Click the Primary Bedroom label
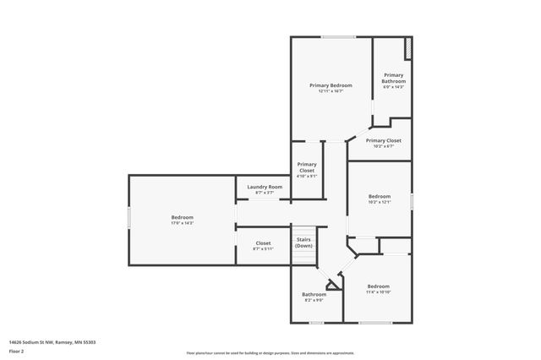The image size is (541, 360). tap(331, 85)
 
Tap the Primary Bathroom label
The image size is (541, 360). tap(394, 78)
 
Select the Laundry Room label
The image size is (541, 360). tap(265, 187)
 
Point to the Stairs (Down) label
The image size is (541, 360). tap(303, 243)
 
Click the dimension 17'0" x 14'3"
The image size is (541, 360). tap(183, 223)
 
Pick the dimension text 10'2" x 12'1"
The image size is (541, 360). tap(379, 202)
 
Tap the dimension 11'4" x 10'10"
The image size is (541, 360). tap(378, 292)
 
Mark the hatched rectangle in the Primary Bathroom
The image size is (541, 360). tap(407, 49)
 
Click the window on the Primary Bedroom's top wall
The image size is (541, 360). tap(337, 36)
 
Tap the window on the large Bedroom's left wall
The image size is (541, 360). tap(128, 218)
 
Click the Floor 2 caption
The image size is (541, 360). tap(16, 351)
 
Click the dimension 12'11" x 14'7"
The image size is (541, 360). tap(331, 91)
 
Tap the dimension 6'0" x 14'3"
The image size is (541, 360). tap(394, 87)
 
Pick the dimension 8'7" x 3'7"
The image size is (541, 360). tap(265, 193)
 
